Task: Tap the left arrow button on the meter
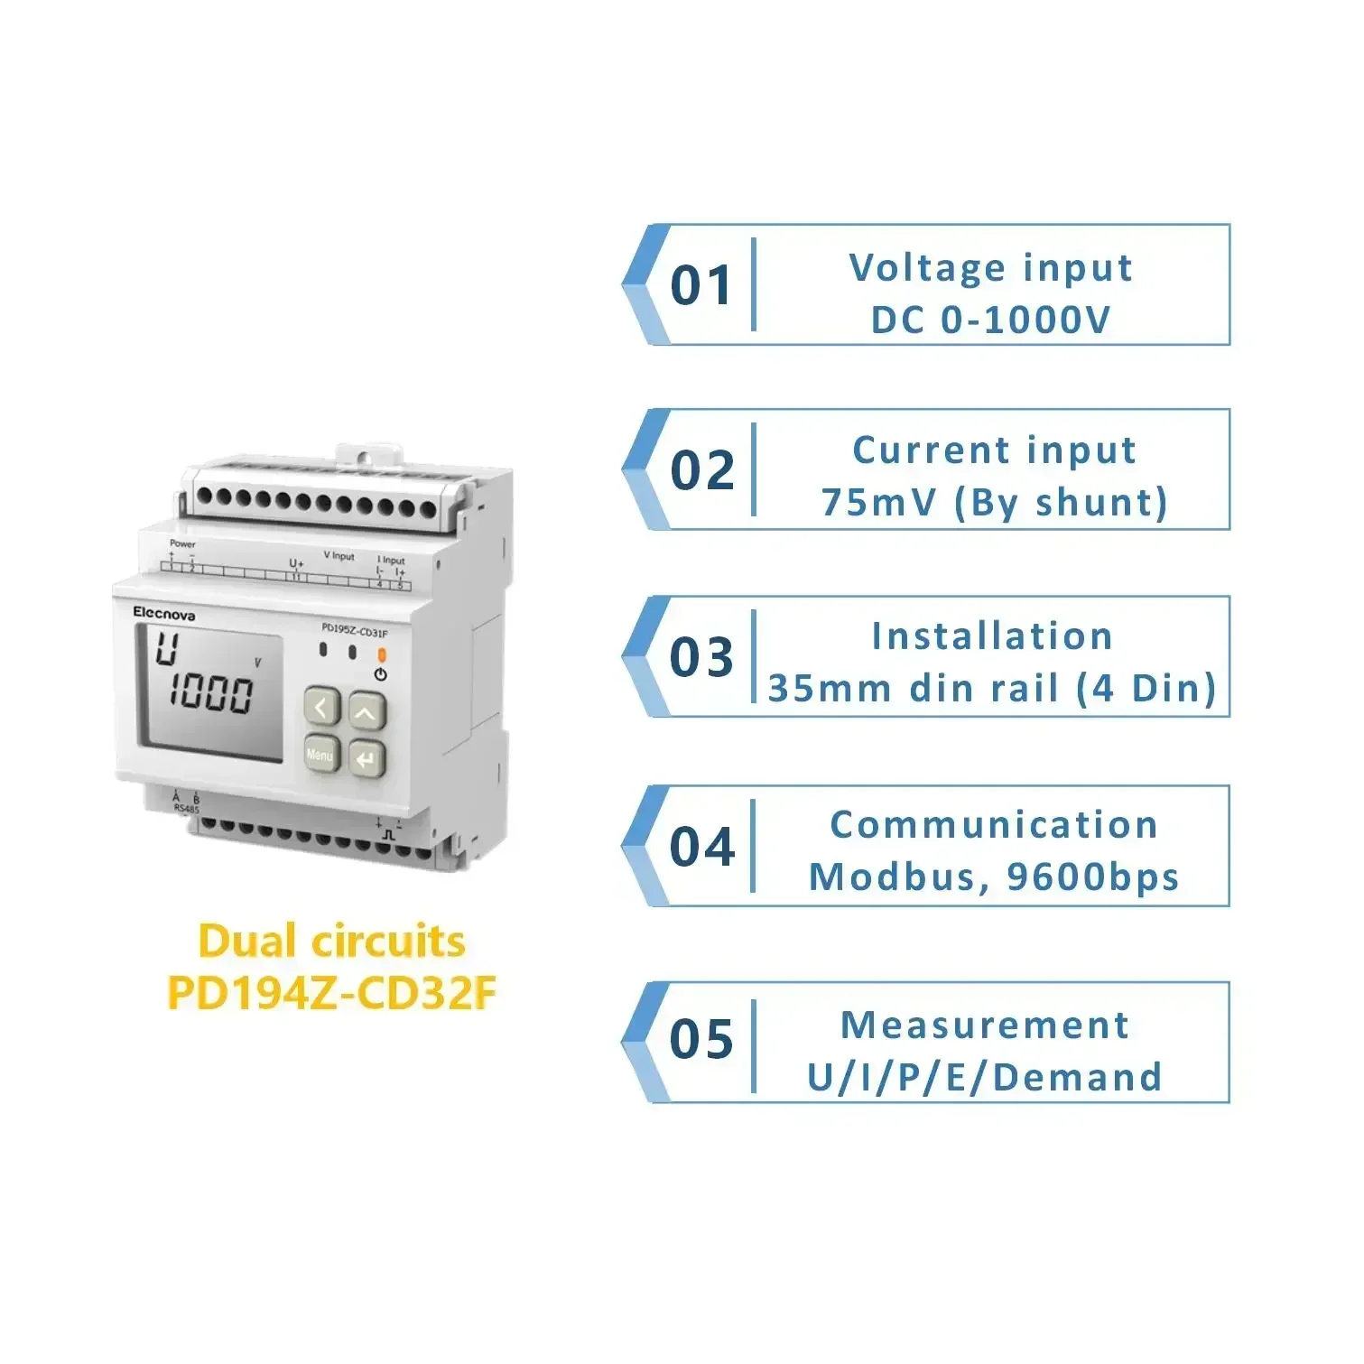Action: pos(321,708)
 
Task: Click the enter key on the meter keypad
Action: pos(367,759)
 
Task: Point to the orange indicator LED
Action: pos(381,654)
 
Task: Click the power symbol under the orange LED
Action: pos(381,674)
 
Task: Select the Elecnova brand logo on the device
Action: pos(164,613)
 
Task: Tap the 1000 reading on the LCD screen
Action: pos(212,693)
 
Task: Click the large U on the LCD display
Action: pos(167,649)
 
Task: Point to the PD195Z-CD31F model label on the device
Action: pos(355,631)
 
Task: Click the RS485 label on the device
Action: pos(187,809)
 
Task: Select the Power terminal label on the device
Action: pos(182,543)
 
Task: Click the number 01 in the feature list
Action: pos(702,286)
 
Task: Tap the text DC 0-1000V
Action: pos(990,320)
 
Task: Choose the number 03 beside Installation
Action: pos(702,657)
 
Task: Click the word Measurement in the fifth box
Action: pos(985,1025)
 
